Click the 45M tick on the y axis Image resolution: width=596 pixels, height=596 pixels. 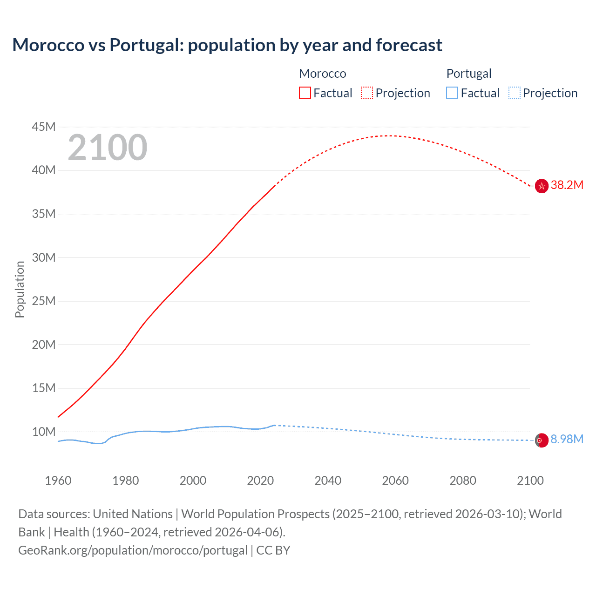44,127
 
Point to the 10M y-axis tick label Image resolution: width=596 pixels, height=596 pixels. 44,432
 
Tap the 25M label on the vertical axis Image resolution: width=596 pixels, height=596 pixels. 44,301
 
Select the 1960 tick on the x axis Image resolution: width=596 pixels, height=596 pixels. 58,481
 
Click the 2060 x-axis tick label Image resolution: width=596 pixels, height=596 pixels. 395,481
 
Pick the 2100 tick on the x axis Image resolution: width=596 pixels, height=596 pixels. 530,481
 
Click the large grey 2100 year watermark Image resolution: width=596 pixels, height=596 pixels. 108,148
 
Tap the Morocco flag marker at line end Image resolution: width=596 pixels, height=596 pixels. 542,186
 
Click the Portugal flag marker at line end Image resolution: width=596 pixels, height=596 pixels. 542,440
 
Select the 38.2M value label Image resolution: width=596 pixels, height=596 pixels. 567,185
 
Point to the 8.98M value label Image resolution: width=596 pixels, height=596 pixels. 567,439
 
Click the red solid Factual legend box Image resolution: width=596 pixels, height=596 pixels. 305,93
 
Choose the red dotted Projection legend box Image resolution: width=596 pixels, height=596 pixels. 367,93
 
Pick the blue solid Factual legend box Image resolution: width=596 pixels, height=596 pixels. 452,93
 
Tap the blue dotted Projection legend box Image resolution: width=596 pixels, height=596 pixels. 515,93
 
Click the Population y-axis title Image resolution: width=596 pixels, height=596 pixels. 20,289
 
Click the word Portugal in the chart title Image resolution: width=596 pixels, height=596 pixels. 146,45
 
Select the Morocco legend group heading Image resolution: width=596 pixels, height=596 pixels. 323,74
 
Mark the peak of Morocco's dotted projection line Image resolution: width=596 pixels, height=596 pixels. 389,135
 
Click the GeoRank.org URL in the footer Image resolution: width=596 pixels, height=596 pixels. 133,550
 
